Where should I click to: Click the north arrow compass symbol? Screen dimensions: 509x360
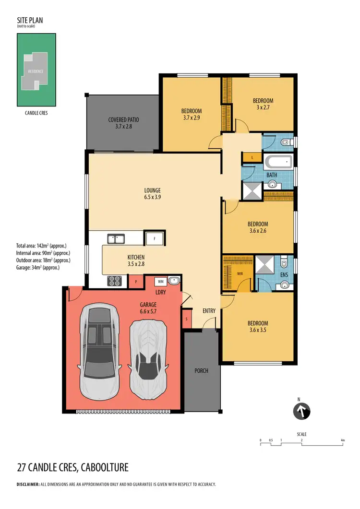(x=302, y=410)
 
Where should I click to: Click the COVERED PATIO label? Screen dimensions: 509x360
(x=123, y=122)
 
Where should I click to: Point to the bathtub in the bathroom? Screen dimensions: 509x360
(x=277, y=161)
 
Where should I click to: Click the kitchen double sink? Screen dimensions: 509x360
(x=116, y=238)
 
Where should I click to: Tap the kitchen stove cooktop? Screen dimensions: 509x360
(x=114, y=281)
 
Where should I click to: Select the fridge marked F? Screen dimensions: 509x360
(x=155, y=238)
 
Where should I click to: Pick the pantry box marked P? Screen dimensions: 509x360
(x=136, y=282)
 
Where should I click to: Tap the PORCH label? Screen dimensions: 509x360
(x=202, y=370)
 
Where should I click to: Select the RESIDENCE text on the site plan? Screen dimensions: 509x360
(x=35, y=71)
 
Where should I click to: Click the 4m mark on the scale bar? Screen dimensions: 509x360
(x=342, y=439)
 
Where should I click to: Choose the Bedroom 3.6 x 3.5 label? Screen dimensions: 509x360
(x=258, y=326)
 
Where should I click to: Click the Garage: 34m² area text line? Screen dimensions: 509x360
(x=38, y=268)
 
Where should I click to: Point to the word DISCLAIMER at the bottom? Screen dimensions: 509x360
(x=28, y=485)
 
